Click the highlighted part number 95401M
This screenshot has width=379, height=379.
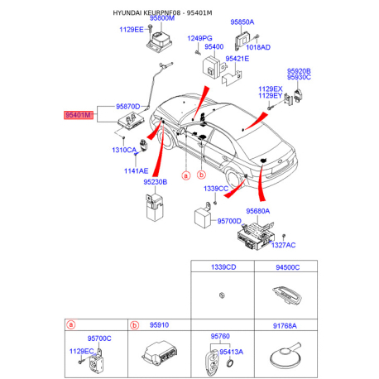(x=78, y=115)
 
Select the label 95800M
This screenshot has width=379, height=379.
(x=162, y=18)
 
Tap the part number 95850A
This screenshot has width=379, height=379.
(x=242, y=22)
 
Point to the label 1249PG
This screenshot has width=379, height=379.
(x=199, y=38)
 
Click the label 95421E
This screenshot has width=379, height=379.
(x=237, y=59)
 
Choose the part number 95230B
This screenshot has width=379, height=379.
(x=156, y=182)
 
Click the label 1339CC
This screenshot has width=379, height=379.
(x=216, y=189)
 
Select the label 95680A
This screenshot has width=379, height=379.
(x=258, y=211)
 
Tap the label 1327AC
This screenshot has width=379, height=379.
(x=283, y=245)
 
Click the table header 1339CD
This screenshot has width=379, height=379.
(x=223, y=267)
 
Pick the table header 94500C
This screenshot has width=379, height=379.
(x=288, y=267)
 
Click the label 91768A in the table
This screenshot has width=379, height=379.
(x=285, y=326)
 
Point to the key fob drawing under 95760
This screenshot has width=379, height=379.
(x=212, y=362)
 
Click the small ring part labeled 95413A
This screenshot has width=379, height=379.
(x=229, y=363)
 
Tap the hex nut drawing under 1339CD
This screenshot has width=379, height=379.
(x=222, y=295)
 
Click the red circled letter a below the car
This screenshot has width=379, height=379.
(x=186, y=175)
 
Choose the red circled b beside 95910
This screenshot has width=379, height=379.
(x=134, y=325)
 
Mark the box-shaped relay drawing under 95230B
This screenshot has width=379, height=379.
(x=155, y=207)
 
